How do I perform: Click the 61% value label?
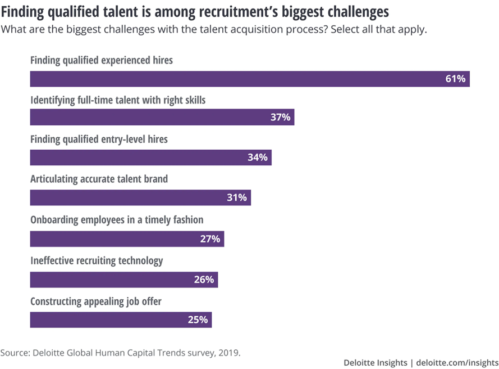pyautogui.click(x=455, y=79)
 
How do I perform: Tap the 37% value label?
pyautogui.click(x=280, y=118)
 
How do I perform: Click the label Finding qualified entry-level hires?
pyautogui.click(x=99, y=139)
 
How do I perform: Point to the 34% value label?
pyautogui.click(x=257, y=157)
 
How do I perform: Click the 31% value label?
pyautogui.click(x=237, y=197)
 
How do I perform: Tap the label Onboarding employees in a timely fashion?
pyautogui.click(x=117, y=220)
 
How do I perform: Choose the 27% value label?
pyautogui.click(x=210, y=238)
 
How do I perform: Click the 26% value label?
pyautogui.click(x=204, y=280)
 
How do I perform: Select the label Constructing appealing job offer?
pyautogui.click(x=96, y=301)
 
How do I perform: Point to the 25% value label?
pyautogui.click(x=198, y=320)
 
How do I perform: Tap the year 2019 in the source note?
pyautogui.click(x=230, y=353)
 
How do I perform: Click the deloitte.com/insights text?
pyautogui.click(x=456, y=363)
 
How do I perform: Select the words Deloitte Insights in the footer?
pyautogui.click(x=375, y=363)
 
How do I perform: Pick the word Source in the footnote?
pyautogui.click(x=14, y=353)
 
